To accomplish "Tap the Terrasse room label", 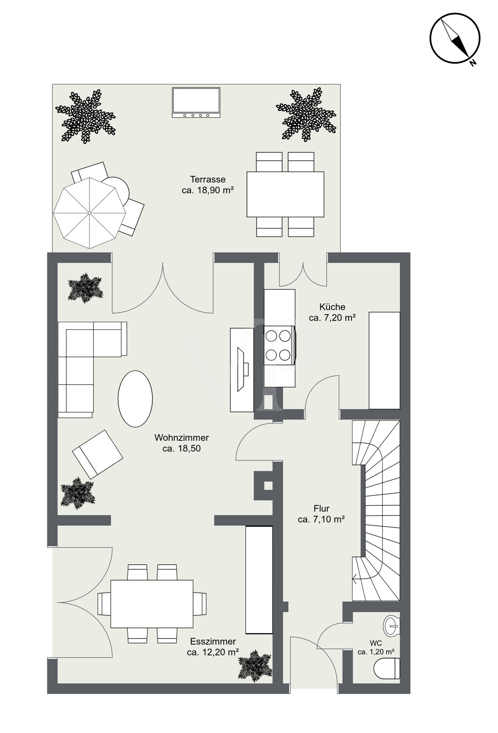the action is (207, 185).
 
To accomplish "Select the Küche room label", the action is (332, 312).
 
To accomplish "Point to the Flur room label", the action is (321, 514).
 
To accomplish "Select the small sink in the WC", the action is (392, 626).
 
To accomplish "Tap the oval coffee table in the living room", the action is (135, 399).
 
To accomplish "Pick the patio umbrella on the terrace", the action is (90, 213).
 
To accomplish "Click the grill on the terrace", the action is (196, 103).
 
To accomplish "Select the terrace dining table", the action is (285, 194).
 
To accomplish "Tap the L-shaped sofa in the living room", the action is (92, 369).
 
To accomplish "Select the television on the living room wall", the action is (242, 370).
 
